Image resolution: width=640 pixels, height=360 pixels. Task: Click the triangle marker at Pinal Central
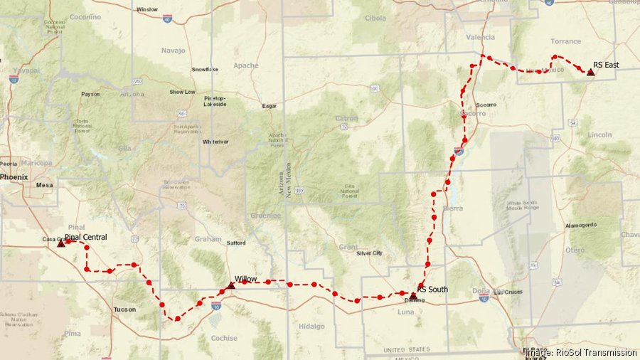point(61,243)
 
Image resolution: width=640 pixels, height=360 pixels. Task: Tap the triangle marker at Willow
point(230,285)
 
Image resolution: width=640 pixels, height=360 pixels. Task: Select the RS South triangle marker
point(413,295)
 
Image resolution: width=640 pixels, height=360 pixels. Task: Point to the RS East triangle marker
point(590,73)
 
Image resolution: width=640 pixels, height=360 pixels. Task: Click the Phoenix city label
point(14,176)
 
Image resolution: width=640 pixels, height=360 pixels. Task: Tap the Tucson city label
point(124,309)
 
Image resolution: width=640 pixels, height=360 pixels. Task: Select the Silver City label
point(369,253)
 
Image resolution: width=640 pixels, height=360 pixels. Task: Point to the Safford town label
point(236,243)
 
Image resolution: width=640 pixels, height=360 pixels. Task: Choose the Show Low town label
point(182,92)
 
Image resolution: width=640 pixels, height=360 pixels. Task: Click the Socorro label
point(473,113)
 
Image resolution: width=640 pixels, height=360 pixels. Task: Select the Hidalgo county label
point(311,327)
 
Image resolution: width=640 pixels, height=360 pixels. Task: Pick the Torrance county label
point(565,42)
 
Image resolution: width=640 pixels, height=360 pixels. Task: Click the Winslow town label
point(147,9)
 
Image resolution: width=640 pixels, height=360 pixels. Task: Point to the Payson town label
point(90,94)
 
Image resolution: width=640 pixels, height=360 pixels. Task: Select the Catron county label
point(346,118)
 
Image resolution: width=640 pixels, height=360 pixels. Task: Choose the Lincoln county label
point(599,134)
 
